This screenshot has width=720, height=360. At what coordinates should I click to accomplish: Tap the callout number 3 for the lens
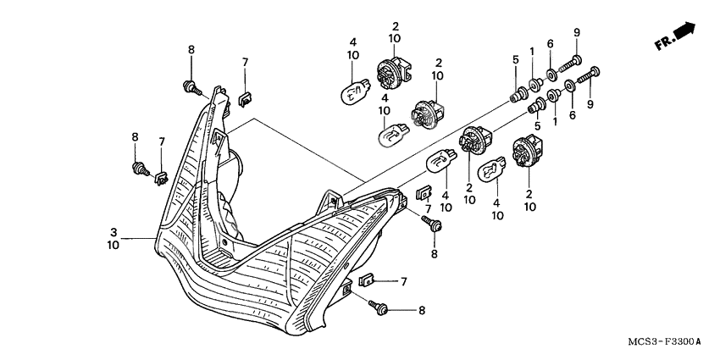coord(114,230)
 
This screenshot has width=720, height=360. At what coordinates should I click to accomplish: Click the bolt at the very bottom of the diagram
coord(377,309)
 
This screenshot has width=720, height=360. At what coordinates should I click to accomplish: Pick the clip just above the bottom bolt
coord(368,280)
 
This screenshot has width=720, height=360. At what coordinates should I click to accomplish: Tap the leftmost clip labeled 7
coord(162,177)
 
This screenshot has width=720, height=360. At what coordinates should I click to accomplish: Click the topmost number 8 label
coord(191,50)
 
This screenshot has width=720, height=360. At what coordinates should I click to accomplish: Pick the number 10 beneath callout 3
coord(114,245)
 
